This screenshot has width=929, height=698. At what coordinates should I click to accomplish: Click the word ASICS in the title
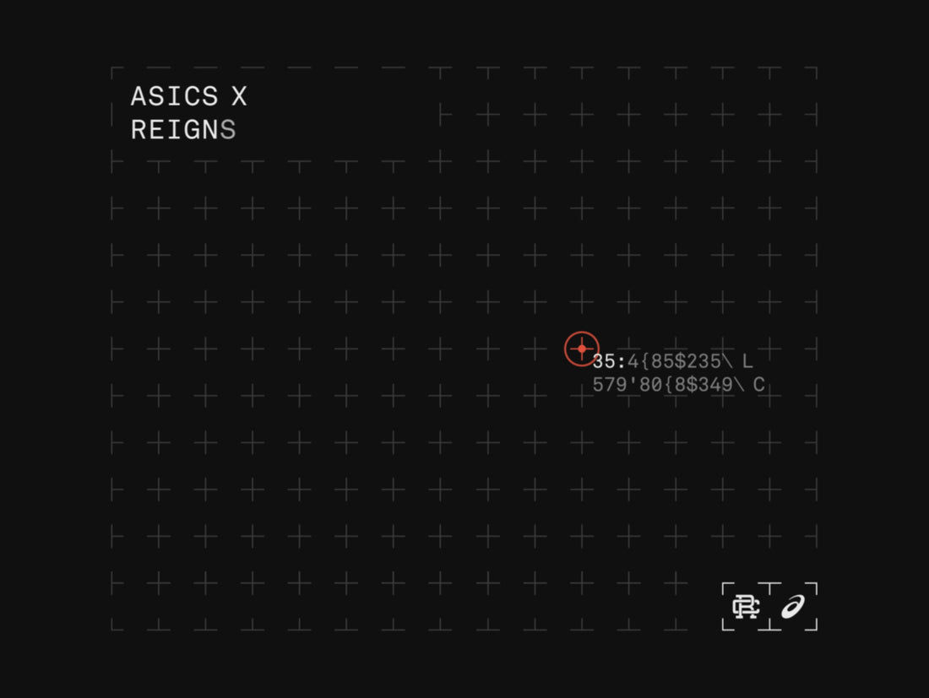pos(174,96)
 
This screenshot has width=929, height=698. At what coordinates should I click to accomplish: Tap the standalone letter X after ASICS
pos(239,96)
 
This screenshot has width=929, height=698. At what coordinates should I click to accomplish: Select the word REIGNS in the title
pos(183,130)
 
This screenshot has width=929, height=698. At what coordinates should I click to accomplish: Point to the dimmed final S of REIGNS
pos(228,130)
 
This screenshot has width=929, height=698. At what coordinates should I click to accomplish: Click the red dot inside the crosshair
pos(582,349)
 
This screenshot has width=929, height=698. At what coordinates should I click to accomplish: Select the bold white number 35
pos(604,361)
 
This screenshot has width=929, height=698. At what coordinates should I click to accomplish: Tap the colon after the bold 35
pos(621,362)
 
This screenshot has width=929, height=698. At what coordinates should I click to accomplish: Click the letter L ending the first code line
pos(747,361)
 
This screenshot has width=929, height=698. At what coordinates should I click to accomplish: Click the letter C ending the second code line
pos(758,385)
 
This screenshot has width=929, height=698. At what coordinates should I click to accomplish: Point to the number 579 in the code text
pos(610,385)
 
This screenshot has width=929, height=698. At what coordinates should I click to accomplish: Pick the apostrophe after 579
pos(633,381)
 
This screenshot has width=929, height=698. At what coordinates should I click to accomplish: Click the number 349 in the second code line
pos(714,385)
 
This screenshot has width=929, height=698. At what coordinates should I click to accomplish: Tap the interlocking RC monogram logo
pos(746,607)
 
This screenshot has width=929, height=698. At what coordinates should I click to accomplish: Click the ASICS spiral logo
pos(793,607)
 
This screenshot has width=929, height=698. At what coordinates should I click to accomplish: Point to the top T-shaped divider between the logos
pos(769,588)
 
